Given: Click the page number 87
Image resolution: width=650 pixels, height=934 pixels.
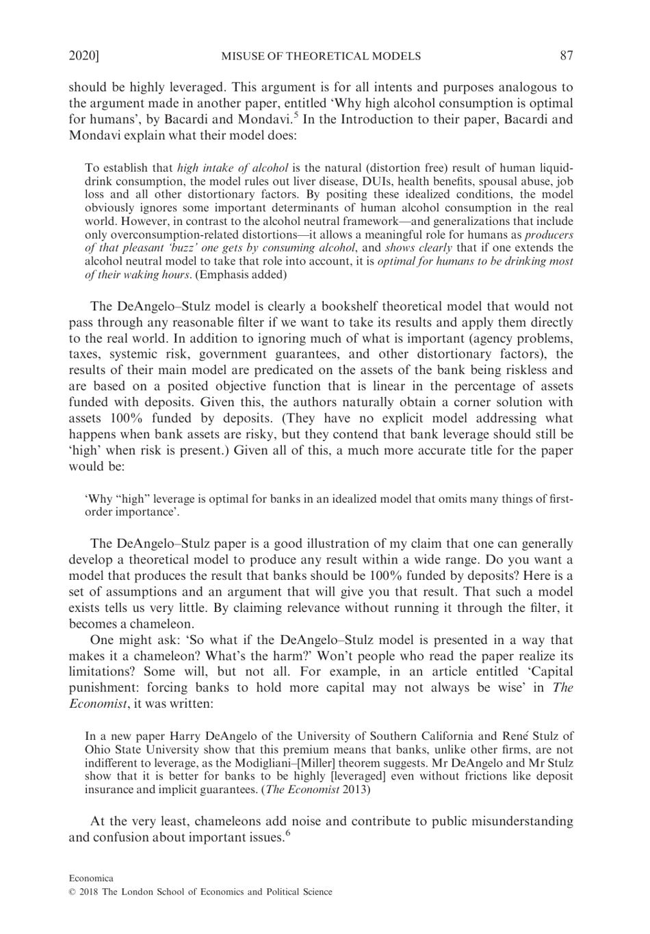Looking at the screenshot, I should (566, 56).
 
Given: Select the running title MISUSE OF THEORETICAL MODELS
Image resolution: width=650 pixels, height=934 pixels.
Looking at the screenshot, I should (321, 56).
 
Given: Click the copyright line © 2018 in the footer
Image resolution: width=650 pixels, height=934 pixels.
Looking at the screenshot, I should (200, 892).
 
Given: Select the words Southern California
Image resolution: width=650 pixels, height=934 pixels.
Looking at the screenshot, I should (424, 736).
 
